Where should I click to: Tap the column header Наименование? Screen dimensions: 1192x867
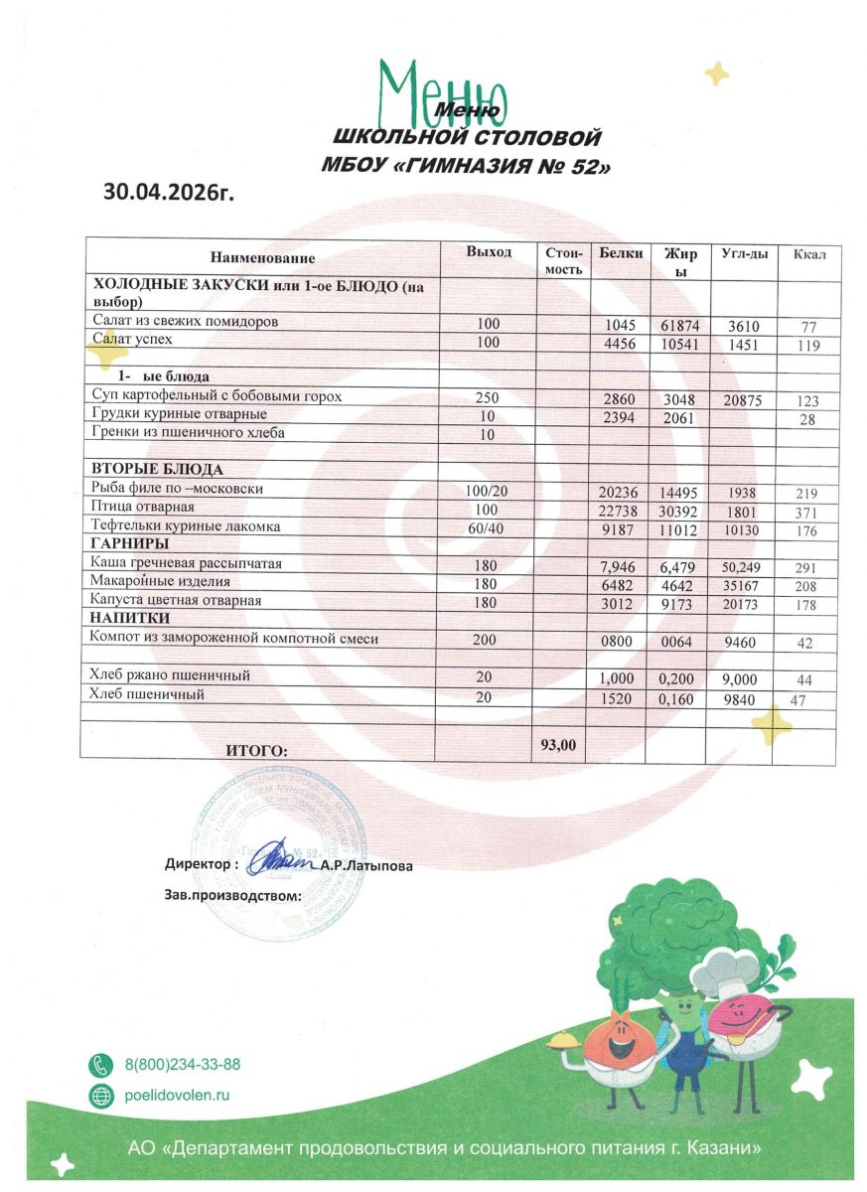click(262, 258)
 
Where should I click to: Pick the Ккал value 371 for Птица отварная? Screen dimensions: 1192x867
click(806, 513)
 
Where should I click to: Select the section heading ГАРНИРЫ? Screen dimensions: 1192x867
click(129, 544)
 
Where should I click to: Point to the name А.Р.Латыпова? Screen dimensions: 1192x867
click(366, 866)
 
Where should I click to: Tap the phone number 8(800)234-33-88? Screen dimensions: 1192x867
click(183, 1064)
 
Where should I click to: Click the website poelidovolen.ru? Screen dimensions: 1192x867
click(177, 1095)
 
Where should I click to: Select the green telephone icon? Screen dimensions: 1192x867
click(101, 1064)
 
